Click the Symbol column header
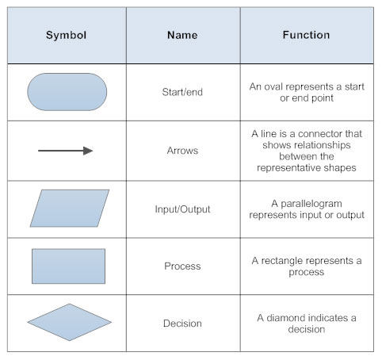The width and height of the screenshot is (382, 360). coord(67,36)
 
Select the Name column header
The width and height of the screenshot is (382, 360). coord(184,36)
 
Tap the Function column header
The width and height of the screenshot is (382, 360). coord(306,36)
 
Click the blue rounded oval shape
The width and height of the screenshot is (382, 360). coord(67,92)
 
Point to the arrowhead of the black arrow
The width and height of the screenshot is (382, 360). coord(88,151)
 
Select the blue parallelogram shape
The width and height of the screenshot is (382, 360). coord(70,209)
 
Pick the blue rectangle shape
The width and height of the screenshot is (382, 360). coord(68,266)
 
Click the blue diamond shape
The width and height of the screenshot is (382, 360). coord(70,323)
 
